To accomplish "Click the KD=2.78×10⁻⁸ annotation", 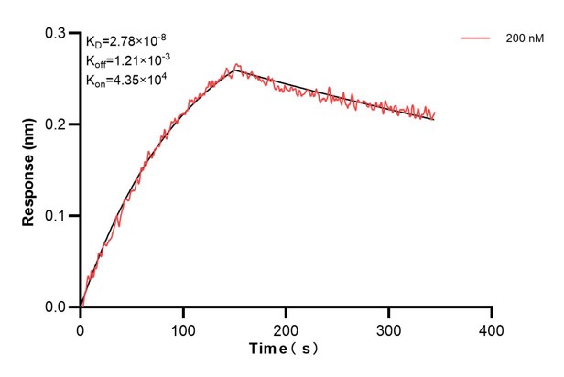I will click(126, 41).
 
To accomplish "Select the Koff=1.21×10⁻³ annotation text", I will click(127, 60).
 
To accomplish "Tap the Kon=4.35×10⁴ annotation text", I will click(125, 80).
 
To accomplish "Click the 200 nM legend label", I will click(521, 39).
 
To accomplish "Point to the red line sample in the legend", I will click(475, 39).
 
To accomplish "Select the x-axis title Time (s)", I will click(285, 350).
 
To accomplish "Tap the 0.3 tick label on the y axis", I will click(56, 33).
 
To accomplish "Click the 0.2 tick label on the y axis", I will click(56, 124).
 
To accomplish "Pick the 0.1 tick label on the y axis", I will click(56, 216).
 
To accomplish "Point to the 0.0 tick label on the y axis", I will click(56, 307).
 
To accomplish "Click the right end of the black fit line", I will click(434, 120).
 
